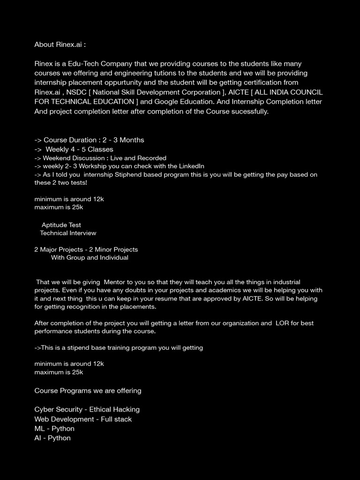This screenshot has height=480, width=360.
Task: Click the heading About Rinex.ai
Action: coord(60,45)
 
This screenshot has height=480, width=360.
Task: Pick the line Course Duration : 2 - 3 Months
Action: coord(89,140)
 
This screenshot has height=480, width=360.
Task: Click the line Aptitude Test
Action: coord(61,225)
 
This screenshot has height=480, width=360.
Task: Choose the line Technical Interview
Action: coord(68,233)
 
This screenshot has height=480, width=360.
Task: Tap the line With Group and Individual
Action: coord(90,257)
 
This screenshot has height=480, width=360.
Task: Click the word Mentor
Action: coord(115,282)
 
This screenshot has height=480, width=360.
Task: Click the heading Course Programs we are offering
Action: coord(88,390)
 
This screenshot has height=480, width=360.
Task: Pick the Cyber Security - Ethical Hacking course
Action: coord(87,409)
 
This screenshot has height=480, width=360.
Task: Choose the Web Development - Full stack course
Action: coord(83,419)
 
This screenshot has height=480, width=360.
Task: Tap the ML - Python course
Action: coord(54,428)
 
